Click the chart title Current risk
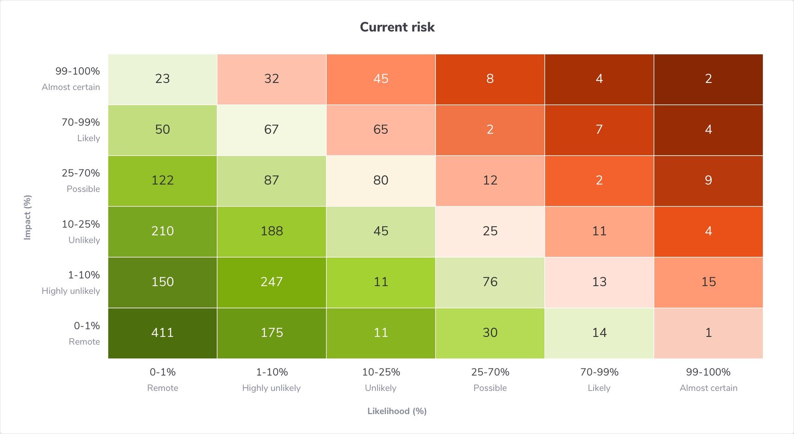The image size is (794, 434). [x=397, y=27]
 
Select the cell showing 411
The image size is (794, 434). [x=162, y=333]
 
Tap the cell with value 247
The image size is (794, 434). [x=272, y=282]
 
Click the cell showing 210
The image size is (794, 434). [x=162, y=231]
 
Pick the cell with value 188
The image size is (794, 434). [x=272, y=231]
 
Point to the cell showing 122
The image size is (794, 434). [x=162, y=180]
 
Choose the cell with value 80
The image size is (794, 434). [x=381, y=180]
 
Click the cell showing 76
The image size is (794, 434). [x=490, y=282]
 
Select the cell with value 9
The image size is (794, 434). [x=708, y=180]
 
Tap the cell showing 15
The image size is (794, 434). [x=708, y=282]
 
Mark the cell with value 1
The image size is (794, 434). [x=708, y=333]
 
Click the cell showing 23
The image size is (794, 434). [x=162, y=79]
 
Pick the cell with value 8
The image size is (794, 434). [x=490, y=79]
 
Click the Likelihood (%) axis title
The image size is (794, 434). [x=397, y=411]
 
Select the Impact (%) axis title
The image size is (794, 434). [x=28, y=217]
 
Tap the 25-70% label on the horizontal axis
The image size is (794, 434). [x=490, y=372]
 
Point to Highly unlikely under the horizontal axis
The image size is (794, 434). [x=272, y=388]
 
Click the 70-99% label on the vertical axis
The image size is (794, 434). [x=81, y=122]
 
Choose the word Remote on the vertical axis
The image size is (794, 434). [x=84, y=342]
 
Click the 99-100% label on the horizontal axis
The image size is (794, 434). [x=708, y=372]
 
